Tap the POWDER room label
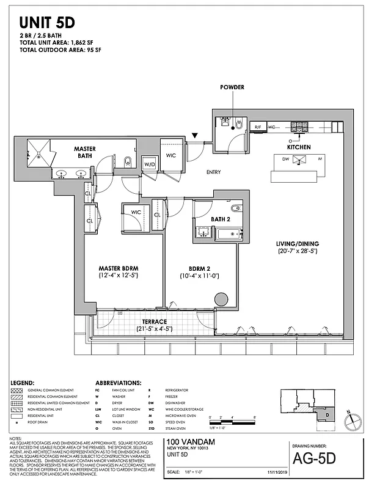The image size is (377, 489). click(232, 87)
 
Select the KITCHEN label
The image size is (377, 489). click(298, 147)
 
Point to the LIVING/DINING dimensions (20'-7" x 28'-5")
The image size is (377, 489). click(298, 251)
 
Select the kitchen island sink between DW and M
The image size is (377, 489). click(299, 160)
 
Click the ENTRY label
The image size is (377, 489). click(213, 172)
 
